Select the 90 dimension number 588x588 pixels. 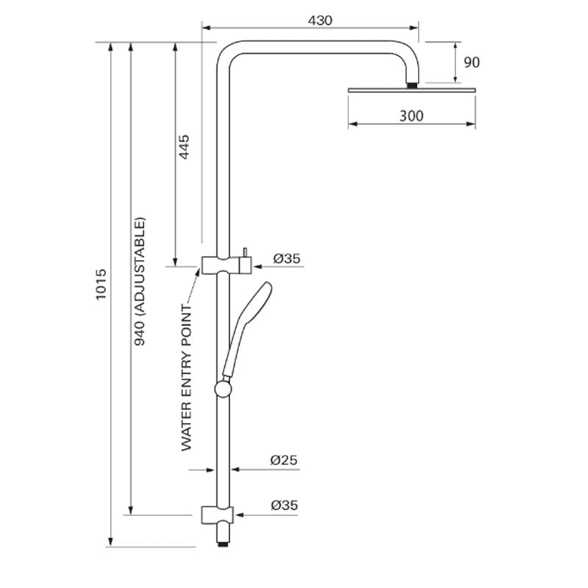tap(471, 62)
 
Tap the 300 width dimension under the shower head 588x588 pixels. tap(411, 115)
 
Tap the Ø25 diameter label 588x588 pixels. tap(283, 460)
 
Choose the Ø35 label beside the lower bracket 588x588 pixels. tap(284, 505)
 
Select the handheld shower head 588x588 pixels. tap(254, 309)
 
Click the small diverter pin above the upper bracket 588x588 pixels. tap(245, 251)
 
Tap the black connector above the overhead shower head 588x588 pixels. tap(412, 85)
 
